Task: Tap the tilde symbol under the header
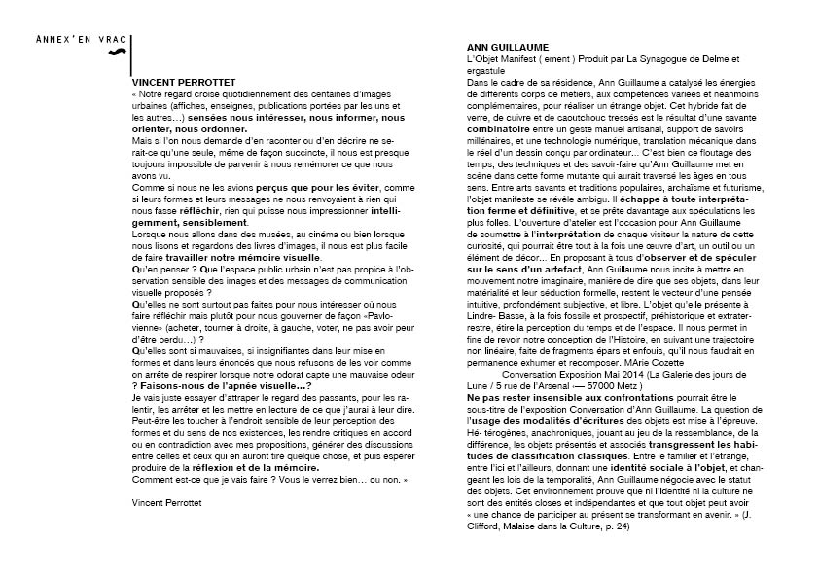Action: (117, 52)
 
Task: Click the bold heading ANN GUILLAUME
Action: (508, 47)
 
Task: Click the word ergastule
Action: (486, 71)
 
